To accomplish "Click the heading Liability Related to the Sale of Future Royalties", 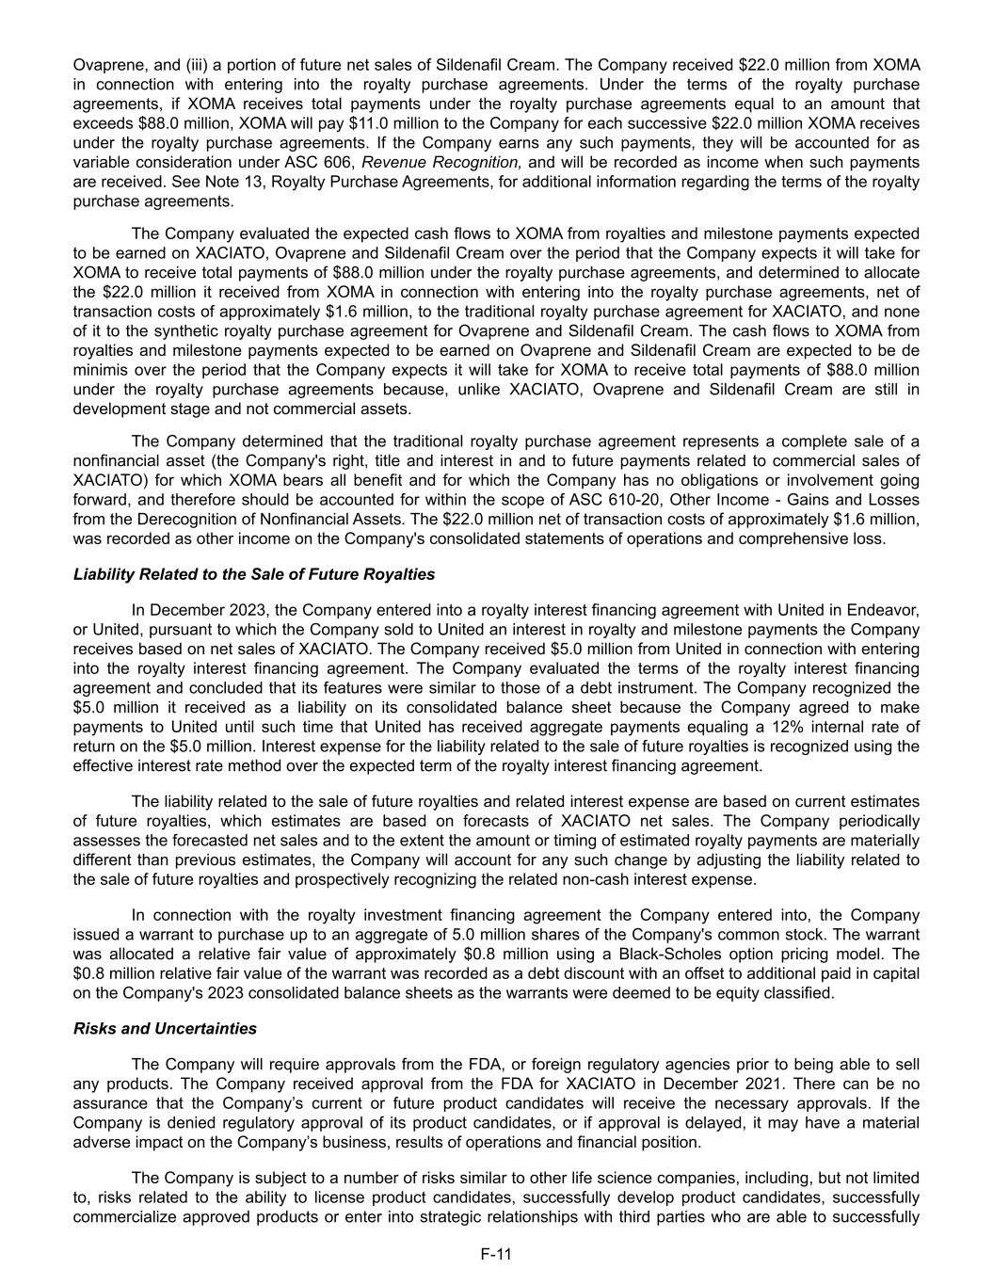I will pos(254,574).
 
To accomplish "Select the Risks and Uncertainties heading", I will pos(165,1028).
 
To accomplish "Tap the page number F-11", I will pos(496,1254).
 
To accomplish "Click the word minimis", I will pos(100,370).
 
